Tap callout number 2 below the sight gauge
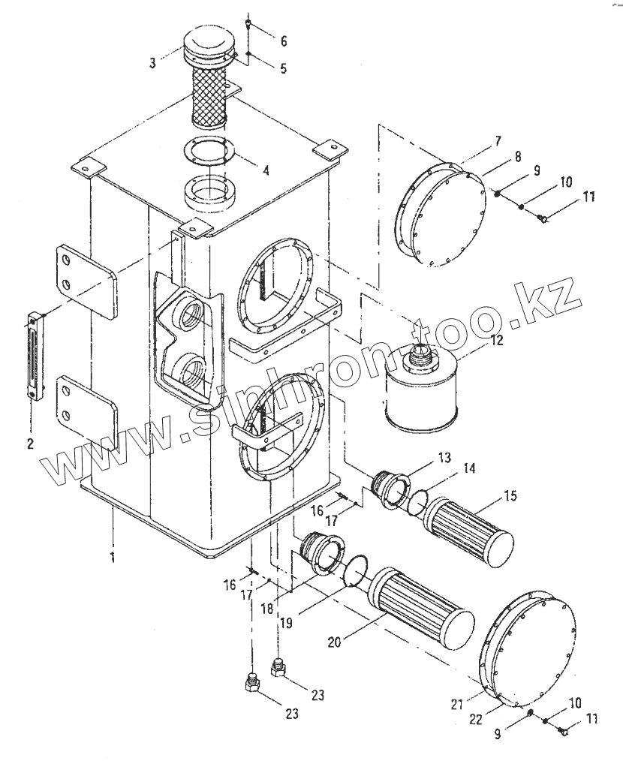point(30,443)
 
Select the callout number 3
point(152,63)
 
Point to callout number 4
point(266,170)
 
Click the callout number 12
point(497,340)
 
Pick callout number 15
point(510,496)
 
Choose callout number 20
point(334,642)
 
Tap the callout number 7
point(498,142)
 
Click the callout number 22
point(476,719)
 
